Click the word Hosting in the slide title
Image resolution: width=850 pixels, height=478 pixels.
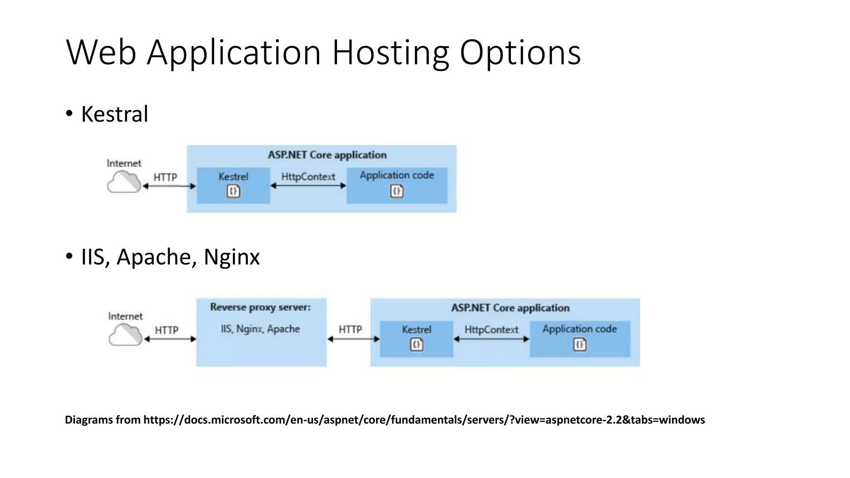coord(390,53)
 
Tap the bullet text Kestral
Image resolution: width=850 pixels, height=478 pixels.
coord(115,114)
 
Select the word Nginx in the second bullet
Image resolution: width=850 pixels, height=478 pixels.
coord(232,257)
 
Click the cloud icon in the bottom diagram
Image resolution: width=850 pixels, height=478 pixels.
coord(125,335)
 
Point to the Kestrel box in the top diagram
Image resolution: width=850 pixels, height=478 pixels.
coord(233,185)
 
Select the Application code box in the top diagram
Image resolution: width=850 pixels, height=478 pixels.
coord(397,185)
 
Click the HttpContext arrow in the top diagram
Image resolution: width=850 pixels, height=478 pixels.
coord(308,186)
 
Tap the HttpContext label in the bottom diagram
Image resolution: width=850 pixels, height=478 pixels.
coord(491,330)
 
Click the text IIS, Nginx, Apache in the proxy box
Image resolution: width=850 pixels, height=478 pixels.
coord(260,329)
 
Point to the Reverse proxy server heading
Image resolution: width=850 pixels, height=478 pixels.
coord(260,307)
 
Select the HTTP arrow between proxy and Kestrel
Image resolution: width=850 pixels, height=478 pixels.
coord(353,339)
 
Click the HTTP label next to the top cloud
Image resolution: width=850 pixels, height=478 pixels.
coord(165,177)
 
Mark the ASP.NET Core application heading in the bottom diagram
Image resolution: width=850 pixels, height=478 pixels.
coord(510,308)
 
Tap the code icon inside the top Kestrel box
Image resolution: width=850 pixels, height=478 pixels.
coord(233,191)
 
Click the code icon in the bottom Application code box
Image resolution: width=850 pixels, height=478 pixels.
coord(580,344)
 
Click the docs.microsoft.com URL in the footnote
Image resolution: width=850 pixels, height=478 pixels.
coord(424,420)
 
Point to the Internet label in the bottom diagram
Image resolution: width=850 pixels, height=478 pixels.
coord(125,316)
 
